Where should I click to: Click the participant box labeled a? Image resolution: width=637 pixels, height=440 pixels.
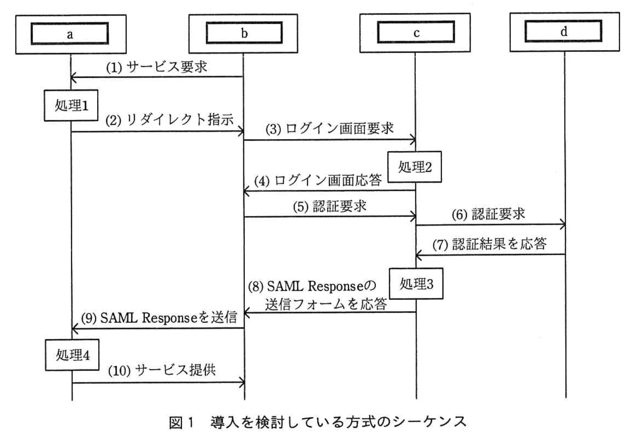[x=70, y=34]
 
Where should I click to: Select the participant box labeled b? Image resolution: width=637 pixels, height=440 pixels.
[x=244, y=33]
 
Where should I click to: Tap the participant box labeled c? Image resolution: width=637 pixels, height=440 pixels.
[x=416, y=33]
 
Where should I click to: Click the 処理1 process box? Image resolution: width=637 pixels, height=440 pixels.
[x=71, y=105]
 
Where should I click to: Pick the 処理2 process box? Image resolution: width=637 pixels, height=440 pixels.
[x=415, y=167]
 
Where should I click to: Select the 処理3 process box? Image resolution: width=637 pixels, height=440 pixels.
[x=416, y=284]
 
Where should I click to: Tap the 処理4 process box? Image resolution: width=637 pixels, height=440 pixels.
[x=73, y=355]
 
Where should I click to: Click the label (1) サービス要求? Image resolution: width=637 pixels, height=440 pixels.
[x=157, y=67]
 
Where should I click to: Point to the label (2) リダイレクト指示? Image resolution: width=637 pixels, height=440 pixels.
[x=170, y=120]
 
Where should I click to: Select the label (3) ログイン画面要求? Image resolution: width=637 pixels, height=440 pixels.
[x=329, y=129]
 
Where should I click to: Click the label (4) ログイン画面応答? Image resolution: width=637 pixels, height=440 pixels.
[x=318, y=180]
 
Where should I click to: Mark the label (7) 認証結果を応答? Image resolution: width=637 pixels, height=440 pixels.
[x=489, y=244]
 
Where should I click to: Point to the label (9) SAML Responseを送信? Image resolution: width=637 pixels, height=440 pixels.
[x=159, y=318]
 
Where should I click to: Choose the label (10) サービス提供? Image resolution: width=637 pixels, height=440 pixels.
[x=162, y=370]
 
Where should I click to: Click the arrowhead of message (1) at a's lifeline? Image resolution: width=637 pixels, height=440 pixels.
[x=73, y=77]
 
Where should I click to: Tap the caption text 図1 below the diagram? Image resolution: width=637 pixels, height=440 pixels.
[x=181, y=422]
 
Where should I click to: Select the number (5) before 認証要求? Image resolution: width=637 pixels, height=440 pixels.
[x=300, y=207]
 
